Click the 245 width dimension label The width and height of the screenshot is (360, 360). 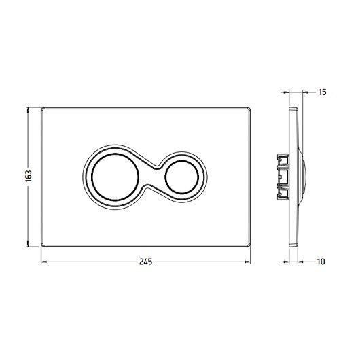click(x=145, y=262)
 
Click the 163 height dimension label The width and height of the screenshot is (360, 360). click(x=29, y=176)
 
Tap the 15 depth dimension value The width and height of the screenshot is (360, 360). click(x=323, y=92)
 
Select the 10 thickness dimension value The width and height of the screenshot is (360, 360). click(x=321, y=262)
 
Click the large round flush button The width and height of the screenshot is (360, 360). click(x=115, y=177)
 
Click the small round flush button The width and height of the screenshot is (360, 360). click(x=181, y=177)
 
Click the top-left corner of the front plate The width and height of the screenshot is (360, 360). click(x=41, y=108)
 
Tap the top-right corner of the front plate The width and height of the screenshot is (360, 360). click(x=250, y=108)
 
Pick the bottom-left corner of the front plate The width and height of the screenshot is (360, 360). click(x=41, y=246)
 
